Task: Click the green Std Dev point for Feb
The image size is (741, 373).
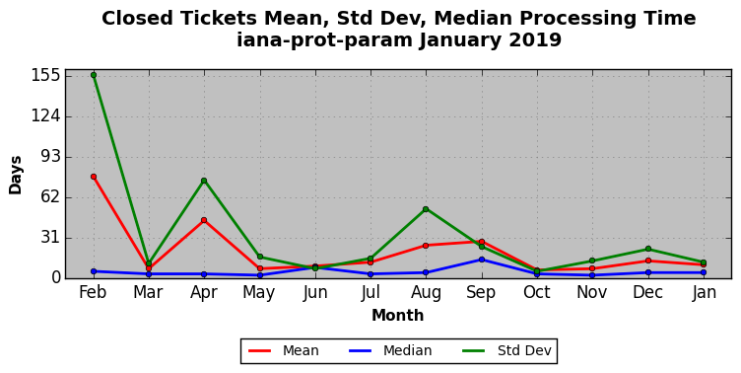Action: pos(94,75)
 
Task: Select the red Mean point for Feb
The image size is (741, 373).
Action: pos(94,177)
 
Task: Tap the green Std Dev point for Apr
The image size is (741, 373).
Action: pos(204,181)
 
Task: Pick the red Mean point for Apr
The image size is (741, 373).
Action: pos(204,220)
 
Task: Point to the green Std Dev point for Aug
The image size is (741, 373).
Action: pos(426,209)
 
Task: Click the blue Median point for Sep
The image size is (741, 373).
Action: pos(482,260)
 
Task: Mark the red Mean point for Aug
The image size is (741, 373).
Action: pos(426,245)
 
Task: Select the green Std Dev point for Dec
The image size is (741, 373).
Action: pos(648,249)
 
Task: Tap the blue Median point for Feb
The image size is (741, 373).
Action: pos(94,271)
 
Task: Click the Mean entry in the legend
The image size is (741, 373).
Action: pos(284,350)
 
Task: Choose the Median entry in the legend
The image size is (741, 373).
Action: pos(390,350)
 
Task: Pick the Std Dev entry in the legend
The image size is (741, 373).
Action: pos(506,350)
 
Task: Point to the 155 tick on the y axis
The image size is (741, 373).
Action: pos(46,75)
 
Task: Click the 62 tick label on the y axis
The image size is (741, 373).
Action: pos(51,197)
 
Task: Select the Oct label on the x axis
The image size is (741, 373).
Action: pos(537,292)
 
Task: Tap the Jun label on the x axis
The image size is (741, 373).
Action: pos(315,292)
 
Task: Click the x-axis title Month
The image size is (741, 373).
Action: pos(397,315)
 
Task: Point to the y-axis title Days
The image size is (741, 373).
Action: pos(15,175)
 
